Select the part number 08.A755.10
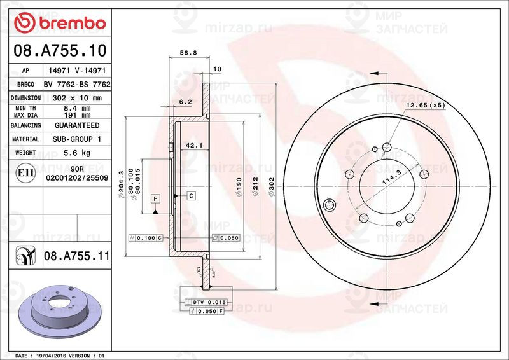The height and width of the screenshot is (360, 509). point(58,50)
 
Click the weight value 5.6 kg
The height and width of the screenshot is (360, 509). point(77,153)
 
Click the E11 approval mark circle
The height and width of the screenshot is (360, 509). point(25,172)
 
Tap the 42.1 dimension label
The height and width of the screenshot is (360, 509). point(193,146)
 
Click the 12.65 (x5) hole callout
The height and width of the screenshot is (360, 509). point(425,105)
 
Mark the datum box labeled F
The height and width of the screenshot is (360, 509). point(155,199)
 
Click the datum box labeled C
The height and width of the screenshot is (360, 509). point(190,196)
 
